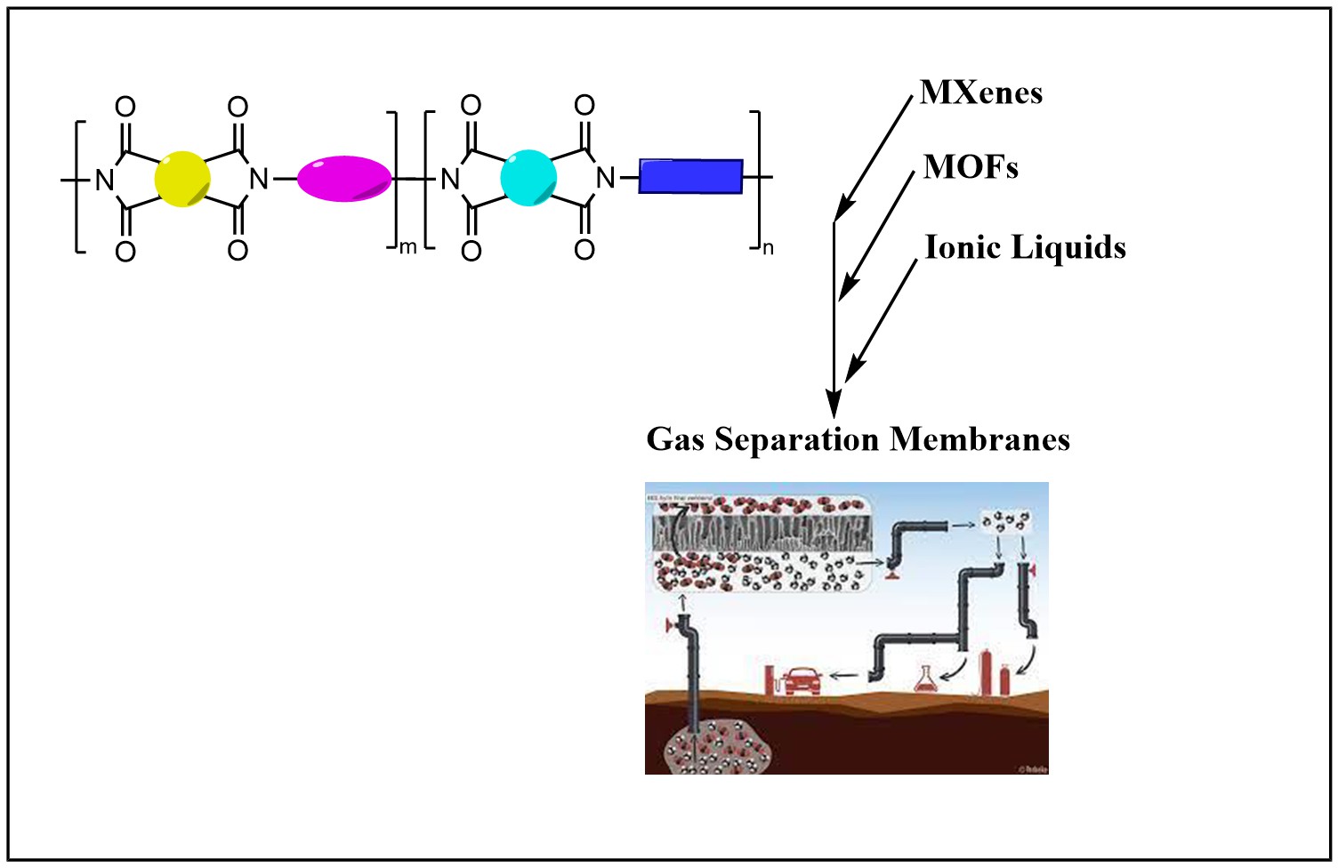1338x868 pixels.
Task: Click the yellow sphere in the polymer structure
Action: pos(182,179)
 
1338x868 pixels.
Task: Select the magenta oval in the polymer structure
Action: pos(344,179)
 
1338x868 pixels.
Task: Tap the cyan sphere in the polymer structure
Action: pos(528,178)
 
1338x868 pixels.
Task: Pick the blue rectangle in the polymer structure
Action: pos(690,176)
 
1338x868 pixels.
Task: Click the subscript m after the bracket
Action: pos(407,247)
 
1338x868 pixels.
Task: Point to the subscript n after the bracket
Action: pos(768,248)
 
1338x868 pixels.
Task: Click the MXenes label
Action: pos(981,92)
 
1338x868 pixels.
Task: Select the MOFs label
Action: pos(971,167)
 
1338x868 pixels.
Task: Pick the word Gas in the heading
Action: pos(675,439)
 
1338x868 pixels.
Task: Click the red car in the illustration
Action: pos(803,679)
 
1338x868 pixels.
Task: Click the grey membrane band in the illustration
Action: pos(761,534)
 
